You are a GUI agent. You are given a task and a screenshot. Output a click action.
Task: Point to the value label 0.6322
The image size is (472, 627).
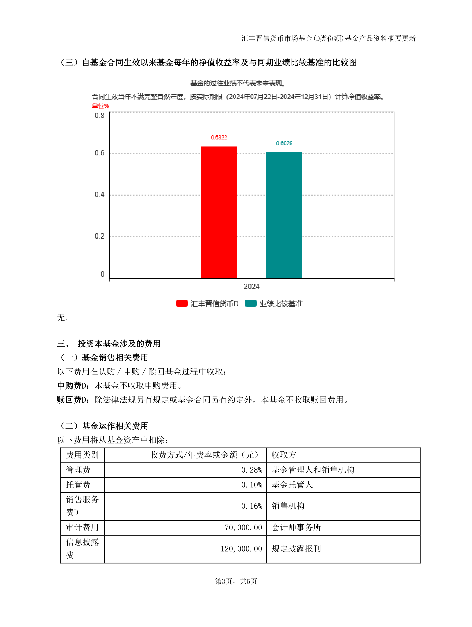click(x=219, y=138)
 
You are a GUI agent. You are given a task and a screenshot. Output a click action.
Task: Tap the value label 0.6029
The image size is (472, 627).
click(x=284, y=143)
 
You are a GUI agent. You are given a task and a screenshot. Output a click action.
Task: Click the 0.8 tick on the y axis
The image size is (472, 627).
click(x=100, y=115)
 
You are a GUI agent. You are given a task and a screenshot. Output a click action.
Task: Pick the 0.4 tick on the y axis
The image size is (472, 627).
click(x=100, y=194)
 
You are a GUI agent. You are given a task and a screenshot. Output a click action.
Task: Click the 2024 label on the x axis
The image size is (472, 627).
click(x=251, y=286)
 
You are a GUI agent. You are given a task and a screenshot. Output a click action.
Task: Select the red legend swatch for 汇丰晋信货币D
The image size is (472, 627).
click(x=182, y=303)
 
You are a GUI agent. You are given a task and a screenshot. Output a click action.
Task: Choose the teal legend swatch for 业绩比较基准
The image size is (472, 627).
click(x=251, y=303)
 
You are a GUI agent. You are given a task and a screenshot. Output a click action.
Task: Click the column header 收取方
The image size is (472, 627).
click(x=284, y=455)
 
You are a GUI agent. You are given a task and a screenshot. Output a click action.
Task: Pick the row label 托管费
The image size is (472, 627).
click(x=78, y=485)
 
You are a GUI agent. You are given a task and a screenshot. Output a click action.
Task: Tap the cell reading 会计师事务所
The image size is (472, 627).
click(x=296, y=527)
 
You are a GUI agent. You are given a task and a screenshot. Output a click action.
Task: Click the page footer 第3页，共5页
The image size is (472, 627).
click(x=236, y=581)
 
